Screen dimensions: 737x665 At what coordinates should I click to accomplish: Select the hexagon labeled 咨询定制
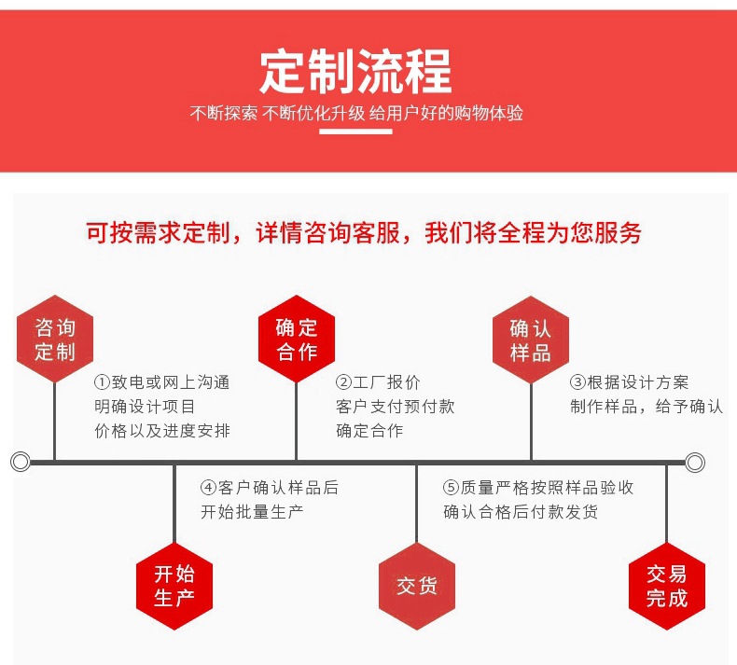click(55, 339)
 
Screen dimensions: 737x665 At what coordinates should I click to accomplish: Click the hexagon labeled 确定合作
click(296, 339)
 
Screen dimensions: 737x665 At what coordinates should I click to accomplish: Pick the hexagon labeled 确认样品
click(530, 340)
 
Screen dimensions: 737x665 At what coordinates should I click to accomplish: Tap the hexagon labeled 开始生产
click(174, 586)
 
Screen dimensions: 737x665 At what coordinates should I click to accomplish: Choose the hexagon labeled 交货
click(416, 586)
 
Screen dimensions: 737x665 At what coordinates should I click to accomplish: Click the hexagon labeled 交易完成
click(666, 586)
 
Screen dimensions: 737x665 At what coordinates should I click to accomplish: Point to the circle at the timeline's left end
click(21, 462)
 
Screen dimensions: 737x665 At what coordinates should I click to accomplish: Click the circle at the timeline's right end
click(694, 462)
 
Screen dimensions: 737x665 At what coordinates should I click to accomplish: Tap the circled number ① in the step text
click(103, 382)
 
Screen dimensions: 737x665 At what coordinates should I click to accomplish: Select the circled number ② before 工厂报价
click(343, 382)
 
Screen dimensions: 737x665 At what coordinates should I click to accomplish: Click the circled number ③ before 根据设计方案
click(578, 382)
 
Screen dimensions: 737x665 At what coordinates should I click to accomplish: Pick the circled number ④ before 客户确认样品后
click(208, 488)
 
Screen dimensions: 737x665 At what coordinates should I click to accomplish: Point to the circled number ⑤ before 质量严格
click(452, 488)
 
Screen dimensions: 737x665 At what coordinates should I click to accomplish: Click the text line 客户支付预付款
click(396, 407)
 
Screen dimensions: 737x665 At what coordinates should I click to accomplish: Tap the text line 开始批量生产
click(252, 512)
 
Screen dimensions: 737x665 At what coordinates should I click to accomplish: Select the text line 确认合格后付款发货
click(521, 512)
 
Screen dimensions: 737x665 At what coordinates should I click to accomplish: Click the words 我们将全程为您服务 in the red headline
click(534, 233)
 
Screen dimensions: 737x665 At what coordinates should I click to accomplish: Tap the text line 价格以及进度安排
click(162, 431)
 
